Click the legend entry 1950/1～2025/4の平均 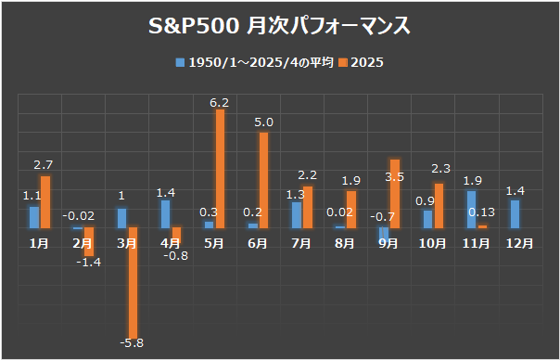pyautogui.click(x=248, y=62)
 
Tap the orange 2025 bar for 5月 pyautogui.click(x=221, y=168)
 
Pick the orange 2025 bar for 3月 pyautogui.click(x=134, y=282)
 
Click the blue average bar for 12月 pyautogui.click(x=515, y=214)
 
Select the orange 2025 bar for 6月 pyautogui.click(x=264, y=180)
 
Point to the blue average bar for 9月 pyautogui.click(x=384, y=234)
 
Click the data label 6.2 pyautogui.click(x=220, y=100)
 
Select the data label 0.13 pyautogui.click(x=481, y=212)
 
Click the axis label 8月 pyautogui.click(x=345, y=243)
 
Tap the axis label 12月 pyautogui.click(x=519, y=243)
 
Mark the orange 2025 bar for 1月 pyautogui.click(x=45, y=201)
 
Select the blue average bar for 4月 pyautogui.click(x=165, y=213)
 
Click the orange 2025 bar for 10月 pyautogui.click(x=439, y=205)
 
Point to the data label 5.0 pyautogui.click(x=263, y=122)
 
